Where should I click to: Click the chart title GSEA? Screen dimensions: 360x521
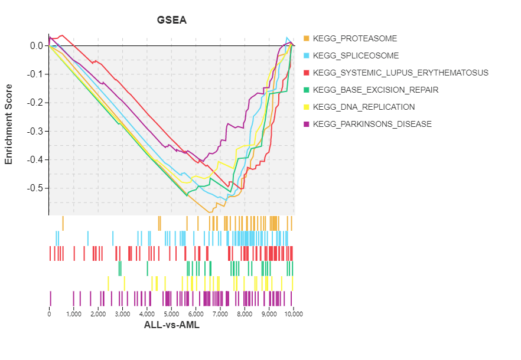coord(171,20)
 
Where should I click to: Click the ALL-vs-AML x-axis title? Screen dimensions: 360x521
coord(171,325)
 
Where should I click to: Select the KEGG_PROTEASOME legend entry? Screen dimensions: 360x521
coord(355,39)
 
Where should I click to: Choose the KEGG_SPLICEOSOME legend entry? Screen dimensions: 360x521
coord(356,56)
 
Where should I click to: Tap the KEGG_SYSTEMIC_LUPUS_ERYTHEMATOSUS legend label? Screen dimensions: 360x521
coord(400,73)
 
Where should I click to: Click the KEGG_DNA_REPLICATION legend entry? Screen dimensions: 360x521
coord(364,107)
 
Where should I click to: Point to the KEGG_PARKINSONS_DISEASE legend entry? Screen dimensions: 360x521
coord(372,125)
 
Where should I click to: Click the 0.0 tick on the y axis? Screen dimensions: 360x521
coord(36,46)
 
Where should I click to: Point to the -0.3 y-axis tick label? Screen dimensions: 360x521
coord(35,132)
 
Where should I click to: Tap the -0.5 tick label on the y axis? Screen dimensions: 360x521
coord(35,188)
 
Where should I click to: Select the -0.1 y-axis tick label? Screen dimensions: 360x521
coord(35,74)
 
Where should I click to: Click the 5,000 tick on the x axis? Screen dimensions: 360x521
coord(171,315)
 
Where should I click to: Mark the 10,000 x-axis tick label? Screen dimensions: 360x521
coord(294,315)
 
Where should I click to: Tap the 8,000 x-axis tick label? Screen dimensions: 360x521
coord(245,315)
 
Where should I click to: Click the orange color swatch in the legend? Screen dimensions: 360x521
coord(306,39)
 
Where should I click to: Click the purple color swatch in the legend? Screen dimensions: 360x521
coord(306,125)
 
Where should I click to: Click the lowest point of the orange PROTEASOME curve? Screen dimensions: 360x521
coord(209,212)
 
